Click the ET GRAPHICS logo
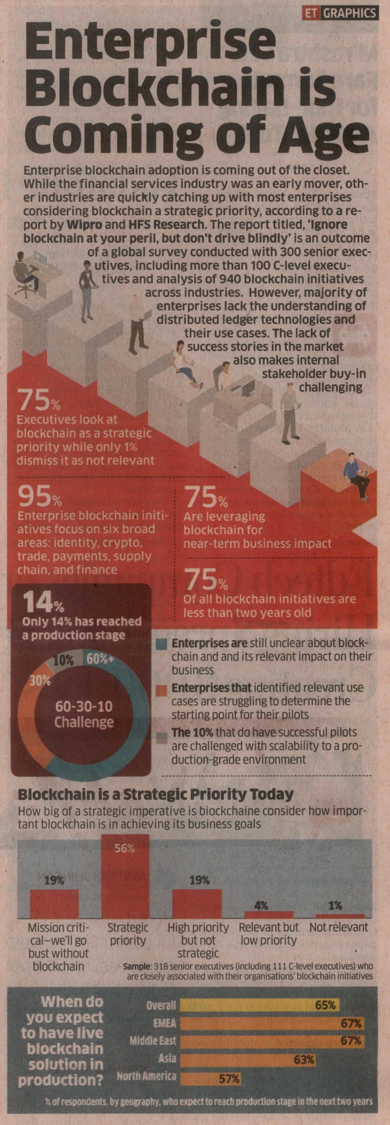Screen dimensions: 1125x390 click(x=341, y=13)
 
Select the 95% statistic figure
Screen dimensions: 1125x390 click(x=39, y=497)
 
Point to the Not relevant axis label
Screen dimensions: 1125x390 click(x=339, y=928)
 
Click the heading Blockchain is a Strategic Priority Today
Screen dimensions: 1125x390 click(x=156, y=795)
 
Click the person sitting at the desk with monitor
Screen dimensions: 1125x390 click(x=25, y=271)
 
